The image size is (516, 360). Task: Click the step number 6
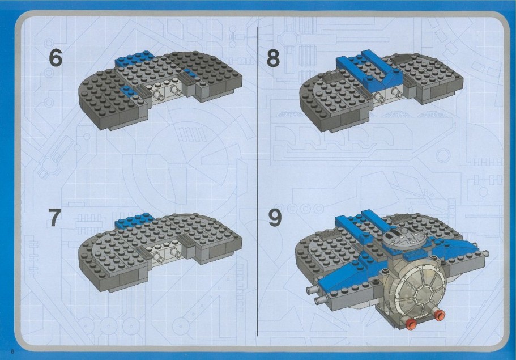(56, 58)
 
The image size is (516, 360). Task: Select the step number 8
(273, 58)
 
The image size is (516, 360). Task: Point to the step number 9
(275, 218)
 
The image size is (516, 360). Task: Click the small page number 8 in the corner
(12, 351)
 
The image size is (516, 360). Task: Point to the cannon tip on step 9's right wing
(487, 253)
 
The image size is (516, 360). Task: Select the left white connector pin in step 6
(159, 95)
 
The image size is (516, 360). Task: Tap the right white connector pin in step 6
(175, 90)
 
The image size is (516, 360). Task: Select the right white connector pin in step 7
(175, 252)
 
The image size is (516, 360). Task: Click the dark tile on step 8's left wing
(331, 78)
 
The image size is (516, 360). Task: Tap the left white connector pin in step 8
(379, 98)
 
